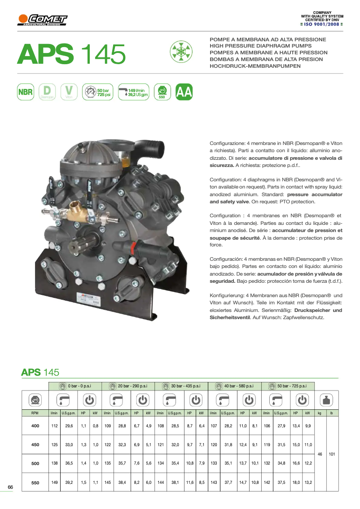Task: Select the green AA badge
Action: point(184,92)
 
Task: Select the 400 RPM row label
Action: point(35,426)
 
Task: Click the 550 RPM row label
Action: point(35,483)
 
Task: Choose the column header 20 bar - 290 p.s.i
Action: point(128,386)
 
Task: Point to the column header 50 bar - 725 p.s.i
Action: point(288,386)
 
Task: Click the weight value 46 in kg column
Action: point(320,454)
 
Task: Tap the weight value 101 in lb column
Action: point(332,454)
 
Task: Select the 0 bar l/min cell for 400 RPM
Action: point(54,426)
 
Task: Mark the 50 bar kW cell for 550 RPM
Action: point(308,483)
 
